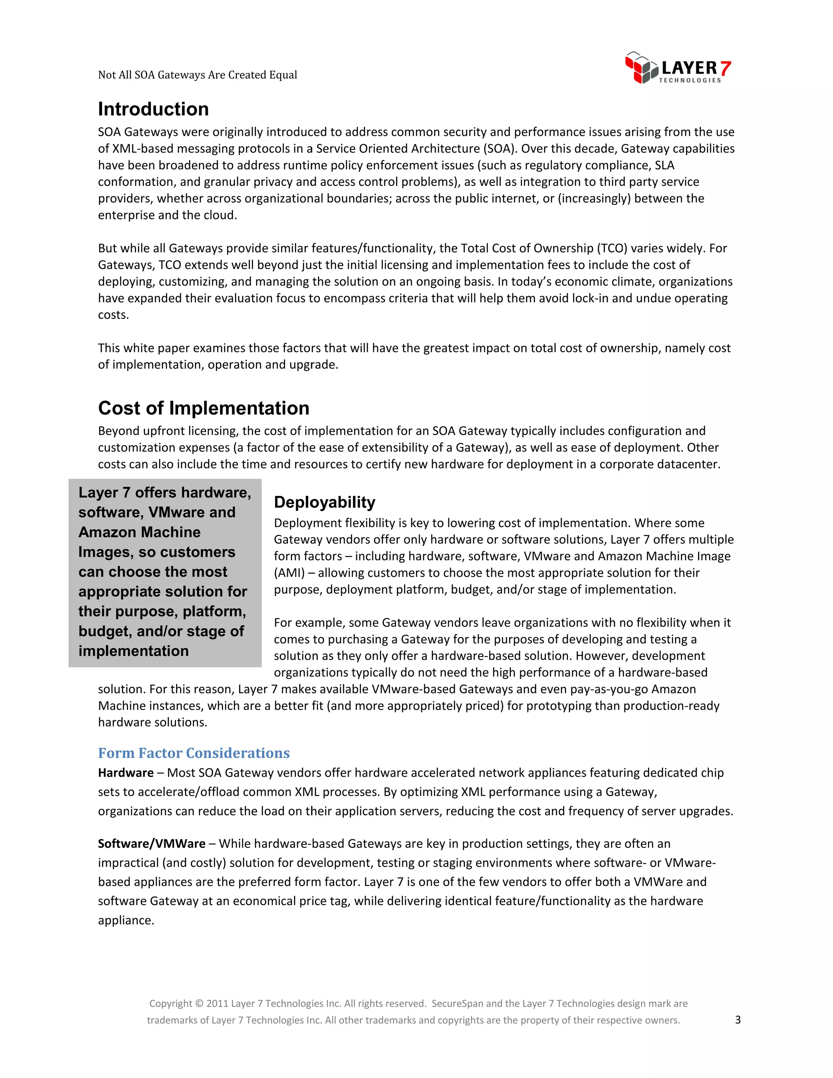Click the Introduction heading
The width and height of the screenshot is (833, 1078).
(x=153, y=109)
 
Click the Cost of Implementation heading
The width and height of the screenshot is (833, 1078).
(x=203, y=408)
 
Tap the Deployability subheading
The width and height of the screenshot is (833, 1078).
(x=324, y=502)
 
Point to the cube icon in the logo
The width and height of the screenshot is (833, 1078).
(x=641, y=68)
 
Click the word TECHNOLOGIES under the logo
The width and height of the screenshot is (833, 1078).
(x=689, y=81)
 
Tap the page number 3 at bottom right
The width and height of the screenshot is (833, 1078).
(x=738, y=1020)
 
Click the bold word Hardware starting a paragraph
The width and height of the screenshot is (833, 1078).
(x=125, y=773)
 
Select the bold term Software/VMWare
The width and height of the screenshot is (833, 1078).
(x=151, y=844)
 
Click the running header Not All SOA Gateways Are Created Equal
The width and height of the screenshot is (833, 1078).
(x=197, y=75)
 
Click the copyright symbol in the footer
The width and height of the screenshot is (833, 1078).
(x=199, y=1004)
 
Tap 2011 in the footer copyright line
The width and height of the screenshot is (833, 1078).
(x=217, y=1004)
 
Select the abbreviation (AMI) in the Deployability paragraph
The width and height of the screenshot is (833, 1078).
(x=289, y=573)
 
